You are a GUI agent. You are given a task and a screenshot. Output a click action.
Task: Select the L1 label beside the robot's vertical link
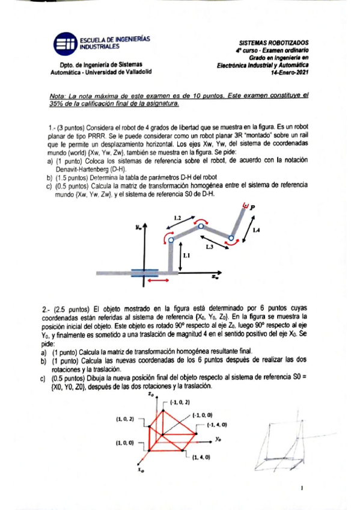click(186, 256)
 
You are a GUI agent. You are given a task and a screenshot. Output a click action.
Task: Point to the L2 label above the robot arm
click(177, 217)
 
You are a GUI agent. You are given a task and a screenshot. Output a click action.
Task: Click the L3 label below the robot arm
click(209, 246)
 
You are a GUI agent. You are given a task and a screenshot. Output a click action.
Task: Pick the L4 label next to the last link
click(256, 230)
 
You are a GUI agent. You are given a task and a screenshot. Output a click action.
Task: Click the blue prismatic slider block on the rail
click(144, 272)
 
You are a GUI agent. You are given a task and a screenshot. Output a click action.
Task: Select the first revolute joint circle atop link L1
click(170, 239)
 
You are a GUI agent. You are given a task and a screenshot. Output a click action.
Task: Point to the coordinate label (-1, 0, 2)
click(180, 401)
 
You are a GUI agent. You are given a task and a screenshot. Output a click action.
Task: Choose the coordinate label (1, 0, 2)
click(126, 418)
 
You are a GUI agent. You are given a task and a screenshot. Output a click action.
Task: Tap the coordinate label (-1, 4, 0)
click(216, 425)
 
